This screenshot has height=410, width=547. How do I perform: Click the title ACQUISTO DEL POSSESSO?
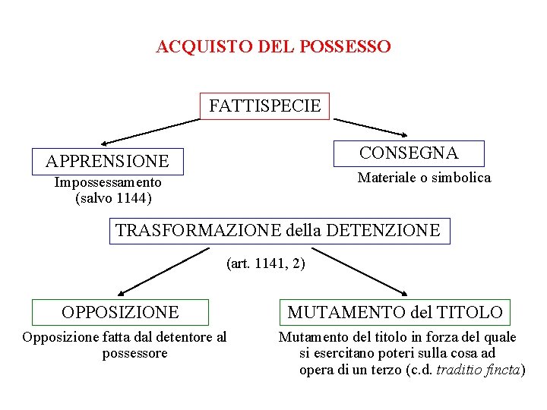(x=273, y=47)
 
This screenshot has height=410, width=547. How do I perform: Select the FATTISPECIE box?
(x=264, y=106)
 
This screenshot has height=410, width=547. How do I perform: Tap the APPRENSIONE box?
(x=107, y=161)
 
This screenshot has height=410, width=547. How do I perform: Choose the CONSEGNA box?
(x=409, y=153)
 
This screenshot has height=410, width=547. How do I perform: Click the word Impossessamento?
(x=108, y=183)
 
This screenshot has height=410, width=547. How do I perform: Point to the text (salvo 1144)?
(x=114, y=199)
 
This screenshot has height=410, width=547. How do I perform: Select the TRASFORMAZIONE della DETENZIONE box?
(x=278, y=230)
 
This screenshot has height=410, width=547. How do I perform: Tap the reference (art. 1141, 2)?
(x=266, y=263)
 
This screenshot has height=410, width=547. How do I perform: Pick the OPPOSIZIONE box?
(x=120, y=312)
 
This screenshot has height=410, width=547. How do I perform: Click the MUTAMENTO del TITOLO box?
(x=395, y=312)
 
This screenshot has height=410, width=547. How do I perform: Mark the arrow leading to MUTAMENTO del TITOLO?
(x=362, y=274)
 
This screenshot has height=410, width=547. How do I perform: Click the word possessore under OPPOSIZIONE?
(x=134, y=353)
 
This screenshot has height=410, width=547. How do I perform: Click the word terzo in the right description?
(x=385, y=370)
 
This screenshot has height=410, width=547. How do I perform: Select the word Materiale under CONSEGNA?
(x=387, y=178)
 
